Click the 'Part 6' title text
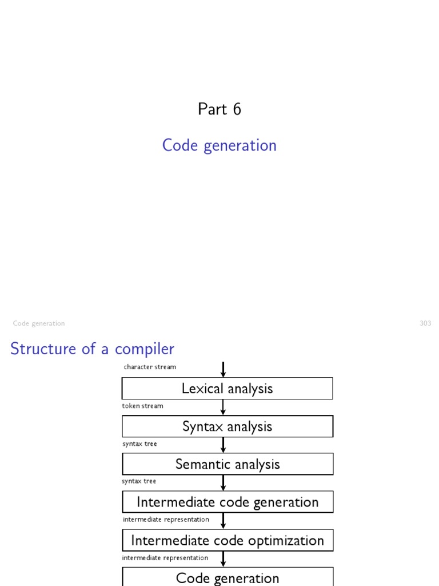coord(219,109)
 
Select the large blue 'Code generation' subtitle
coord(219,145)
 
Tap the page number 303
coord(425,323)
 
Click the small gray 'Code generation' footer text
coord(39,323)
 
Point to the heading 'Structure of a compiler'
coord(92,349)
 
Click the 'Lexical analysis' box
coord(227,389)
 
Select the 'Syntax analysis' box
coord(227,426)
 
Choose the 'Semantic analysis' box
coord(227,464)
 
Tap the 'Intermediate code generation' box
coord(227,502)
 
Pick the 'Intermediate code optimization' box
coord(227,540)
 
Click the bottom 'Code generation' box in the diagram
coord(227,577)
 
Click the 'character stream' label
coord(150,367)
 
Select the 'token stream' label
coord(142,406)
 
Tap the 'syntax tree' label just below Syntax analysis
coord(139,444)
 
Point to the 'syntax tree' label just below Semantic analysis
coord(139,481)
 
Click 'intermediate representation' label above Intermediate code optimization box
coord(166,520)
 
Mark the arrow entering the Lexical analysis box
coord(224,369)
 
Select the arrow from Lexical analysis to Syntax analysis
coord(224,407)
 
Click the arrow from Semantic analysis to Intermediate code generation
coord(224,482)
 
